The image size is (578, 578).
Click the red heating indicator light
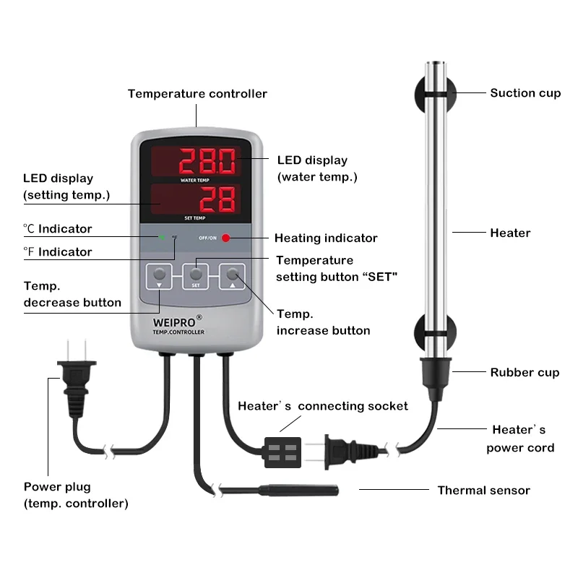pos(225,237)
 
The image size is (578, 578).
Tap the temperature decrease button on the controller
pos(158,275)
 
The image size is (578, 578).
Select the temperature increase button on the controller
pos(233,275)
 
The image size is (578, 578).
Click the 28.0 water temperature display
pos(208,159)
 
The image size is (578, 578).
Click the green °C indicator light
pos(162,237)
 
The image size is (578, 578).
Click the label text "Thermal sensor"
pos(483,491)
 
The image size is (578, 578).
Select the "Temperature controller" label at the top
pos(197,94)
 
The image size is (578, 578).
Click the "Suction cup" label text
pos(525,92)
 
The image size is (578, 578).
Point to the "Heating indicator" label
pos(326,238)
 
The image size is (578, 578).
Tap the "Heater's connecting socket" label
pos(323,406)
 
